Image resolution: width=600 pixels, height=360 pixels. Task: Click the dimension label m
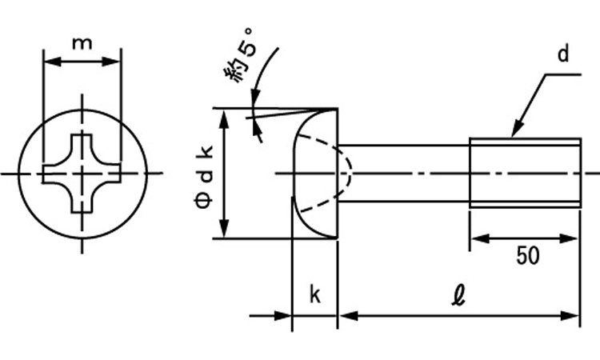coord(81,43)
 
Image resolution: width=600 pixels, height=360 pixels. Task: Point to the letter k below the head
coord(314,295)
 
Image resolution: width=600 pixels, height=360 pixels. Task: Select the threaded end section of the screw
coord(524,173)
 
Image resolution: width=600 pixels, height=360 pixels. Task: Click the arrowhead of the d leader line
coord(515,130)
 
